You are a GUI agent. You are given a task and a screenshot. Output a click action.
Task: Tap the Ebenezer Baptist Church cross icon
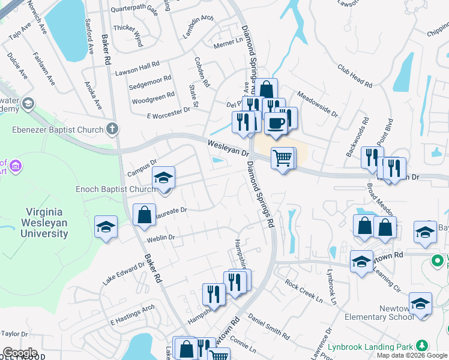112,129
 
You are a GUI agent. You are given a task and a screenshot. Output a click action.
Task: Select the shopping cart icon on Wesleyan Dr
283,159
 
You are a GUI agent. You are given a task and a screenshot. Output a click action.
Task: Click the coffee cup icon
276,123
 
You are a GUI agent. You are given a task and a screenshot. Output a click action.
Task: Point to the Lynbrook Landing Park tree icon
423,346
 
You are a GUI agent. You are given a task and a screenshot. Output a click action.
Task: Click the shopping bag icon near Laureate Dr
145,215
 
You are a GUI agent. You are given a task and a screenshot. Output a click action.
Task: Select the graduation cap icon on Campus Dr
163,178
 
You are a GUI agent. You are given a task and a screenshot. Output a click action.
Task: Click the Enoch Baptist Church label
115,190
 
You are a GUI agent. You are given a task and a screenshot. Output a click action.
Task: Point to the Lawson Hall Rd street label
137,68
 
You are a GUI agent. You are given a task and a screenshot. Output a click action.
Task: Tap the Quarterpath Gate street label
134,10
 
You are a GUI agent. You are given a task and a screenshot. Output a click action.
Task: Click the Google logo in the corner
19,353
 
